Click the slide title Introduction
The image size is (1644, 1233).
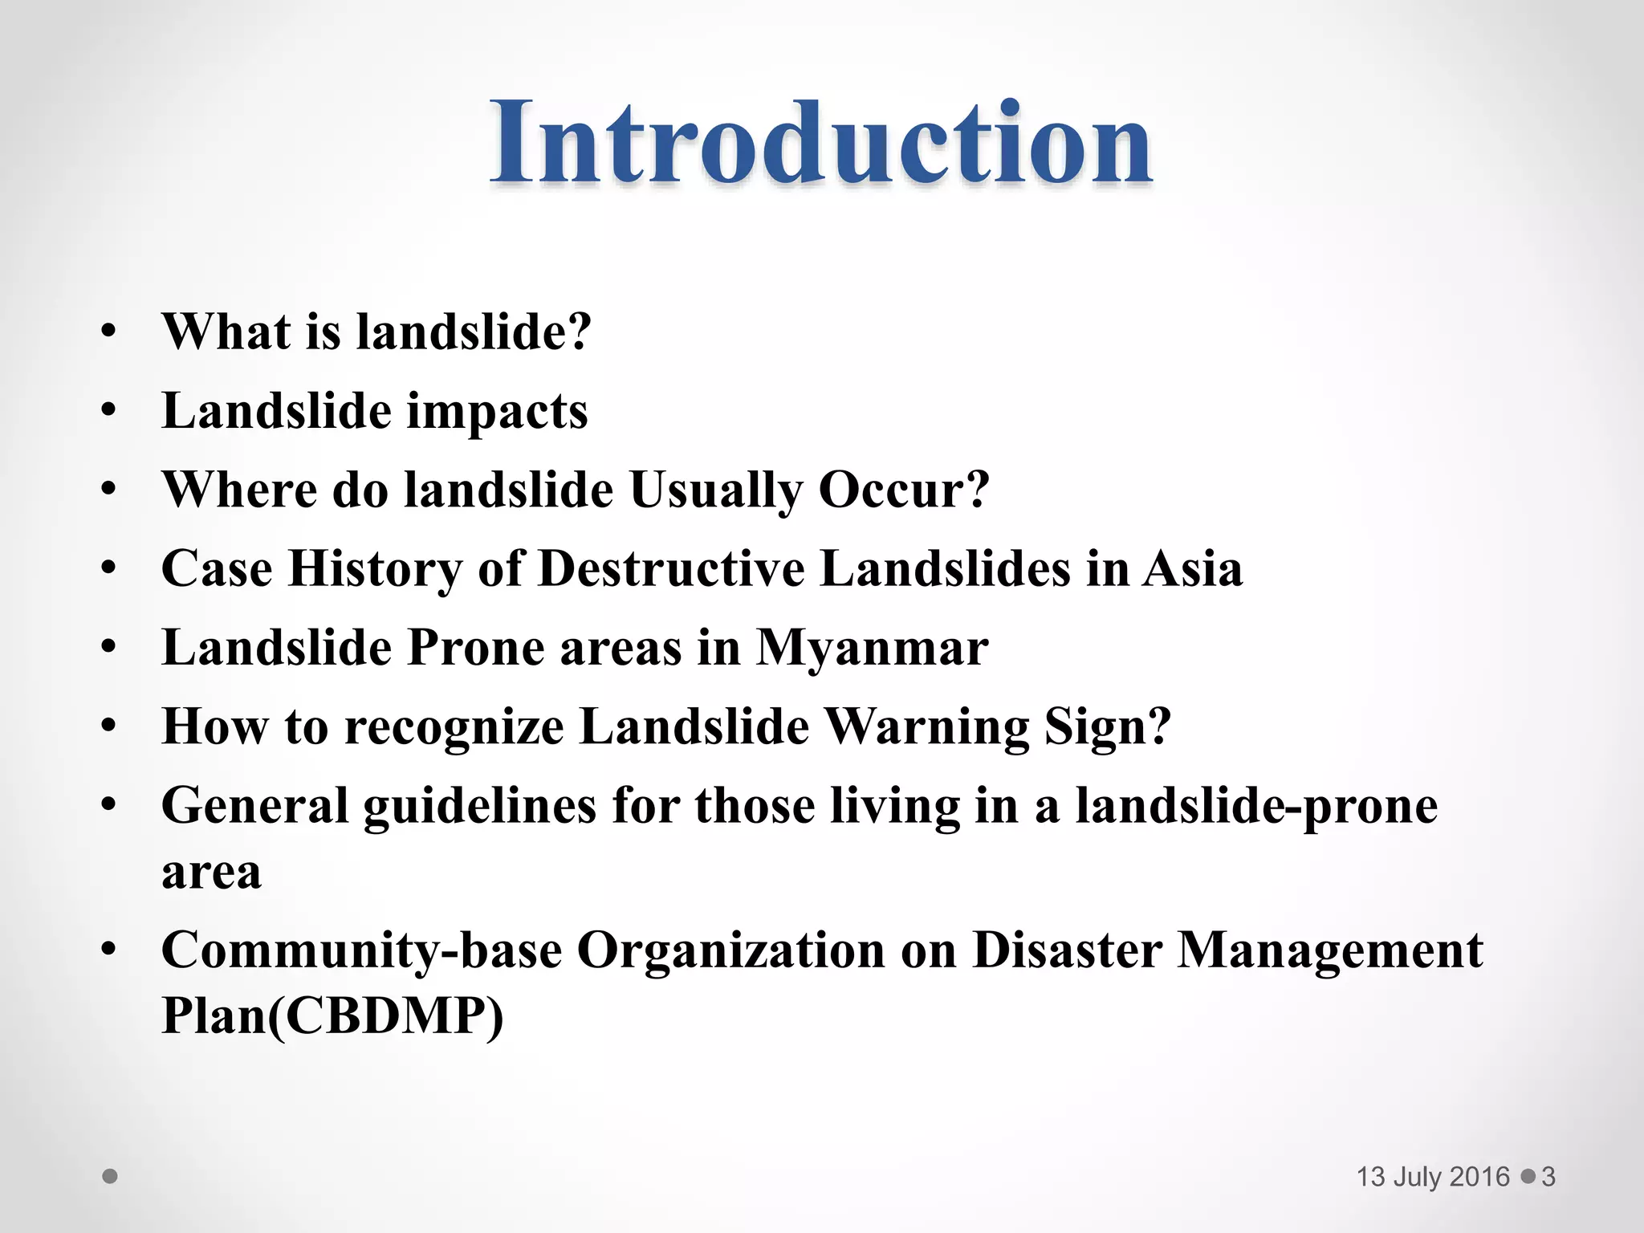coord(821,143)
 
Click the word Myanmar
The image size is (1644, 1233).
coord(872,647)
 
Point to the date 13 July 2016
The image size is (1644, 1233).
coord(1433,1177)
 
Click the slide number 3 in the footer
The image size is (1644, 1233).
coord(1548,1177)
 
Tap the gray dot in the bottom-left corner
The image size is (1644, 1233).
coord(110,1177)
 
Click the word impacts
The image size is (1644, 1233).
coord(497,412)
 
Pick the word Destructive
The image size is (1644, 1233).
coord(671,568)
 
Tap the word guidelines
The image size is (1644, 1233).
coord(480,805)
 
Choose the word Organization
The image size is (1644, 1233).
coord(730,950)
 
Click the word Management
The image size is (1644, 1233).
coord(1329,950)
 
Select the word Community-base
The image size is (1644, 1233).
coord(361,950)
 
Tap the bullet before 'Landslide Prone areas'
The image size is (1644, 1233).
coord(109,647)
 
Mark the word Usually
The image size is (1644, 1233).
coord(716,490)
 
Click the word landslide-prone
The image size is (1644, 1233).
coord(1256,805)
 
